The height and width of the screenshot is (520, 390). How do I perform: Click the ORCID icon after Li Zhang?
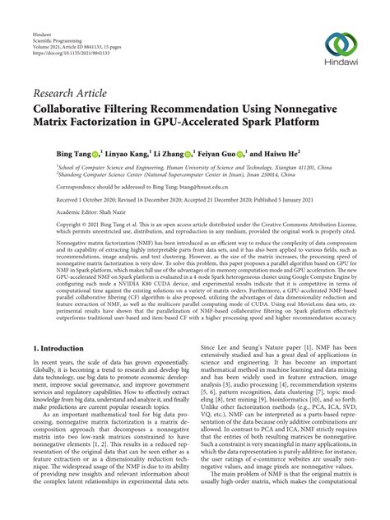188,154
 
